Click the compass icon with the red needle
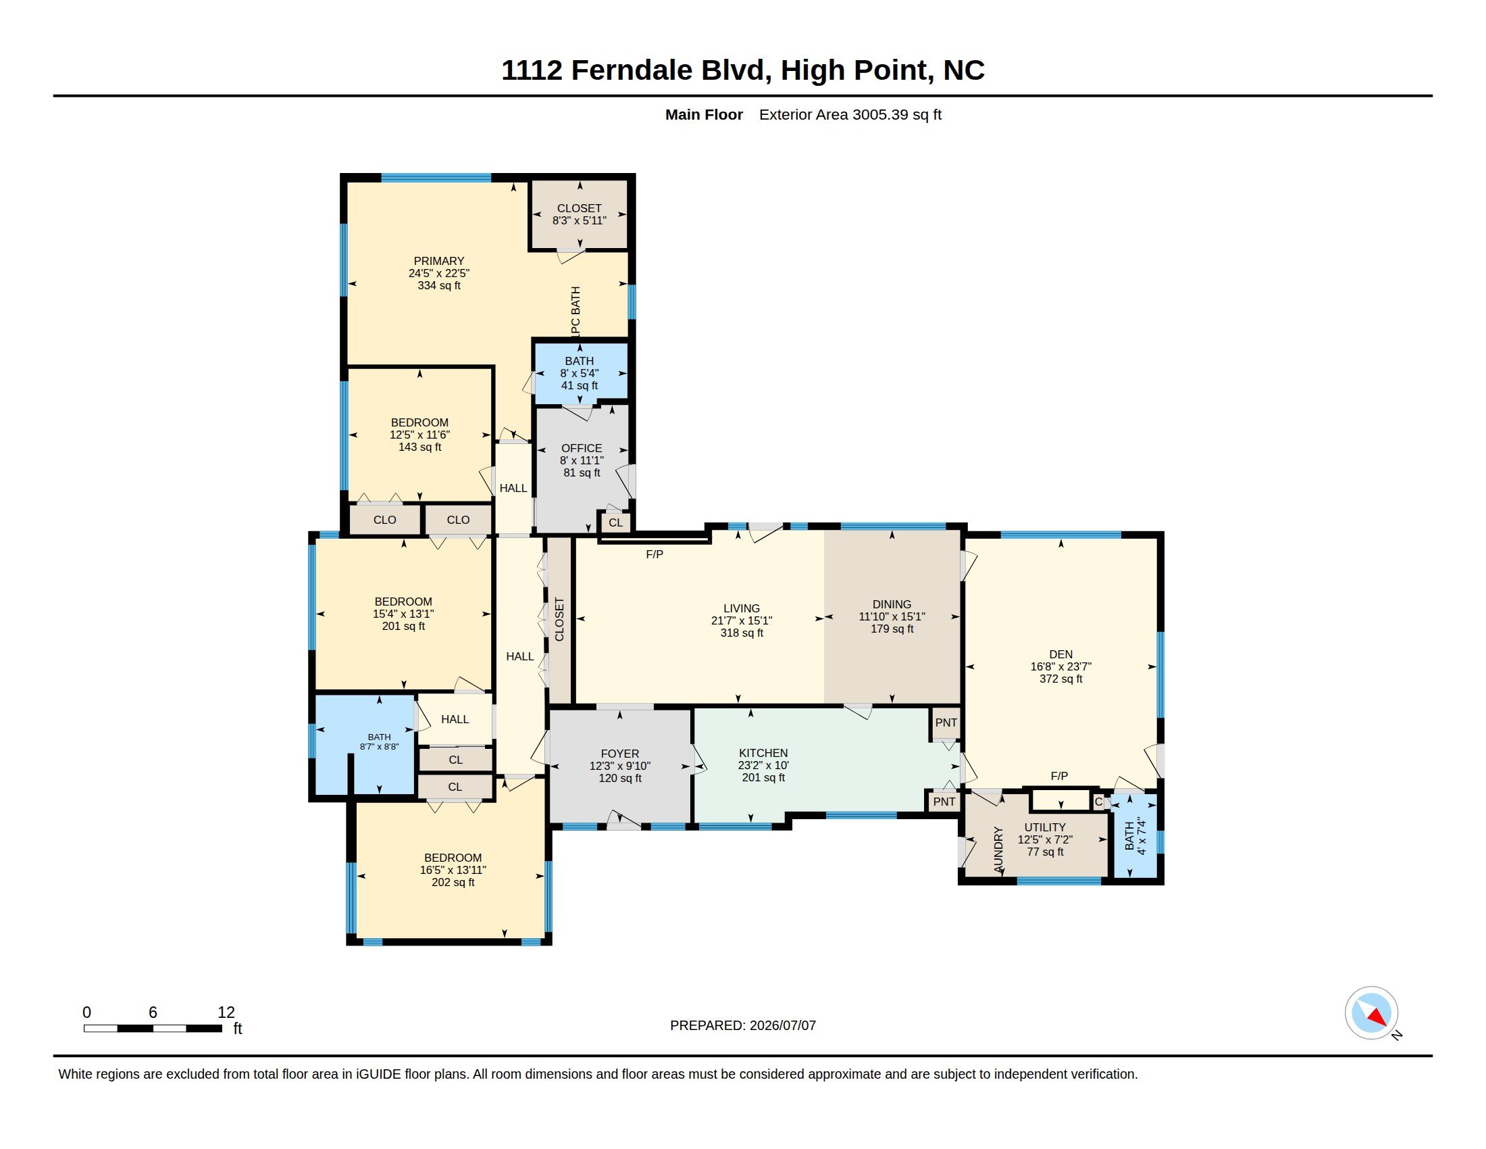[x=1371, y=1013]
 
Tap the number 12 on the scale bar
[x=226, y=1012]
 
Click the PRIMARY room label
[x=439, y=261]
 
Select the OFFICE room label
[x=582, y=448]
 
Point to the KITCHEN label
[x=763, y=753]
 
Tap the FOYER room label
[x=620, y=754]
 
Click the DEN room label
[x=1060, y=654]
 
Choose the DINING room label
[x=892, y=604]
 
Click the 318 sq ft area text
[x=742, y=633]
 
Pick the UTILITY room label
[x=1045, y=828]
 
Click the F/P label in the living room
[x=655, y=555]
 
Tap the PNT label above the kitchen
[x=946, y=723]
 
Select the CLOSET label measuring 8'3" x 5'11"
[x=579, y=208]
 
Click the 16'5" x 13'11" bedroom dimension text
[x=453, y=870]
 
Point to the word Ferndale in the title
[x=632, y=70]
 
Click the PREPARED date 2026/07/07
[x=782, y=1026]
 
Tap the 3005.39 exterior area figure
[x=880, y=114]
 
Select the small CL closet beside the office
[x=616, y=522]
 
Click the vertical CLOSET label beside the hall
[x=559, y=619]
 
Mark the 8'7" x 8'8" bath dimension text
[x=379, y=747]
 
